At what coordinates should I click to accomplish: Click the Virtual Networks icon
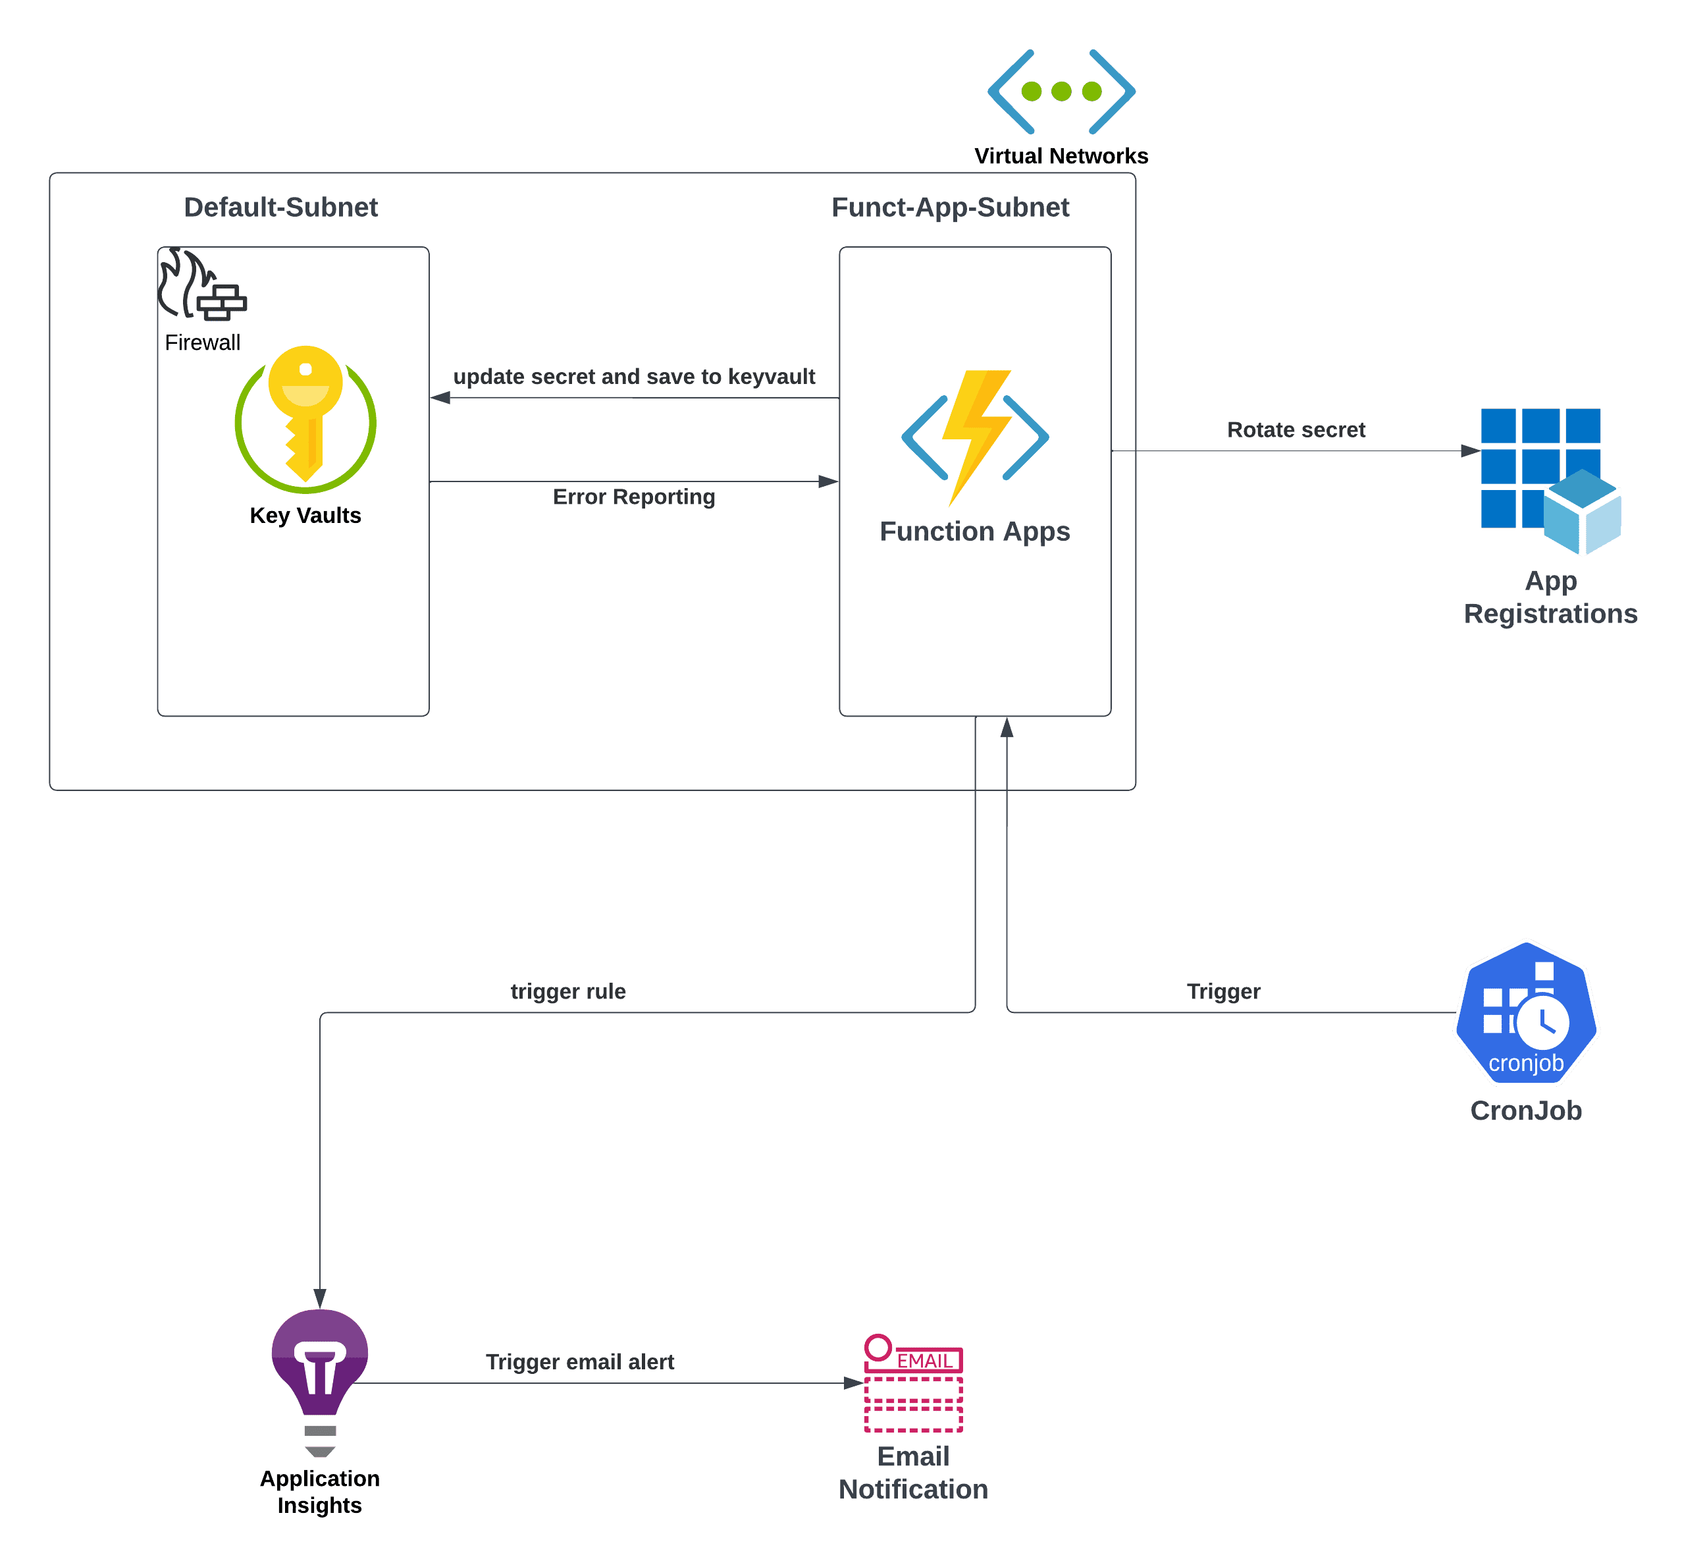coord(1061,92)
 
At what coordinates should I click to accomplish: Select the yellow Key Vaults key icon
coord(305,418)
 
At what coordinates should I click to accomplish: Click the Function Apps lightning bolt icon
coord(976,437)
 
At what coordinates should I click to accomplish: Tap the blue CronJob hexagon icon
coord(1526,1013)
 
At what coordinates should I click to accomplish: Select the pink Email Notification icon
coord(914,1384)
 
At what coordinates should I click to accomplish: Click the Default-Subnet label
coord(281,207)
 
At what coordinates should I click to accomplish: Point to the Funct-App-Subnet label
coord(950,207)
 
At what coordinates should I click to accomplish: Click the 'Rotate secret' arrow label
coord(1296,430)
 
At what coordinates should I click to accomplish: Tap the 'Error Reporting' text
coord(634,497)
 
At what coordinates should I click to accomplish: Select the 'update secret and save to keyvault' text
coord(634,377)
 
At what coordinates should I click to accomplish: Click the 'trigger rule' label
coord(568,992)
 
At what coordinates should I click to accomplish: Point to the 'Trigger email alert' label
coord(580,1362)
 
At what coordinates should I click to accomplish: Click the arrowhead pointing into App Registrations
coord(1471,451)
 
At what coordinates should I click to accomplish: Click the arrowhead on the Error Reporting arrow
coord(829,482)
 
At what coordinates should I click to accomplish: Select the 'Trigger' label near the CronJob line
coord(1224,992)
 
